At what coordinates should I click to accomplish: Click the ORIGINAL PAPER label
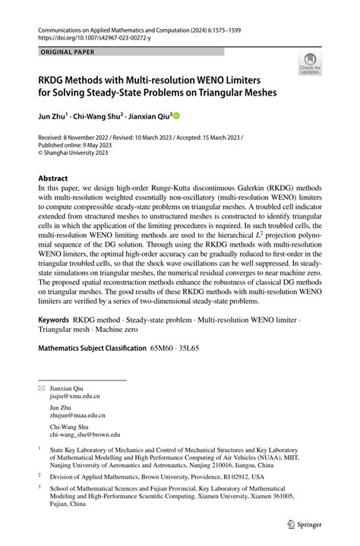[x=68, y=52]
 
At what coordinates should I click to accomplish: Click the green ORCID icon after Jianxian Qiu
[x=177, y=116]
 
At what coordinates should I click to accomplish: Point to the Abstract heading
[x=58, y=178]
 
